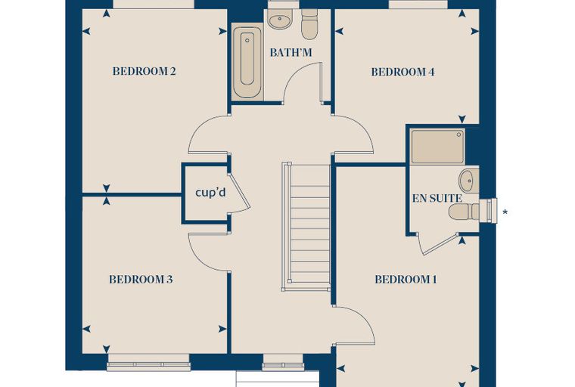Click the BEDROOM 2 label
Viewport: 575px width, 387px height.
(x=144, y=71)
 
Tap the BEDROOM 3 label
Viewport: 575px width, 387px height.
(x=141, y=280)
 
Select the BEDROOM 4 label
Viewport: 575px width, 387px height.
(x=402, y=72)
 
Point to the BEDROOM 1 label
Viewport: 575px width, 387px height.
(x=406, y=280)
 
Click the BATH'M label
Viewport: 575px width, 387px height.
(x=291, y=53)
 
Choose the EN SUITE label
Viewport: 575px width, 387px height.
(x=437, y=199)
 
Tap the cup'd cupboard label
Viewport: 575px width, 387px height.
(x=210, y=193)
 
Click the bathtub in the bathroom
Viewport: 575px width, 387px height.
(x=247, y=60)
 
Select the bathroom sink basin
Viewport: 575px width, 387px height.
(x=280, y=18)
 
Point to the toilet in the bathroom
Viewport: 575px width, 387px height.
(x=309, y=24)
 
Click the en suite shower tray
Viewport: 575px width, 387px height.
(x=437, y=146)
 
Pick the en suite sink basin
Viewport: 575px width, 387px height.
(x=469, y=181)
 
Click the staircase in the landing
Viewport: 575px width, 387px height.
(x=306, y=227)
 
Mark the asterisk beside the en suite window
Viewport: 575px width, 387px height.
(x=505, y=212)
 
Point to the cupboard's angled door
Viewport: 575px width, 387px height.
(x=240, y=193)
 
